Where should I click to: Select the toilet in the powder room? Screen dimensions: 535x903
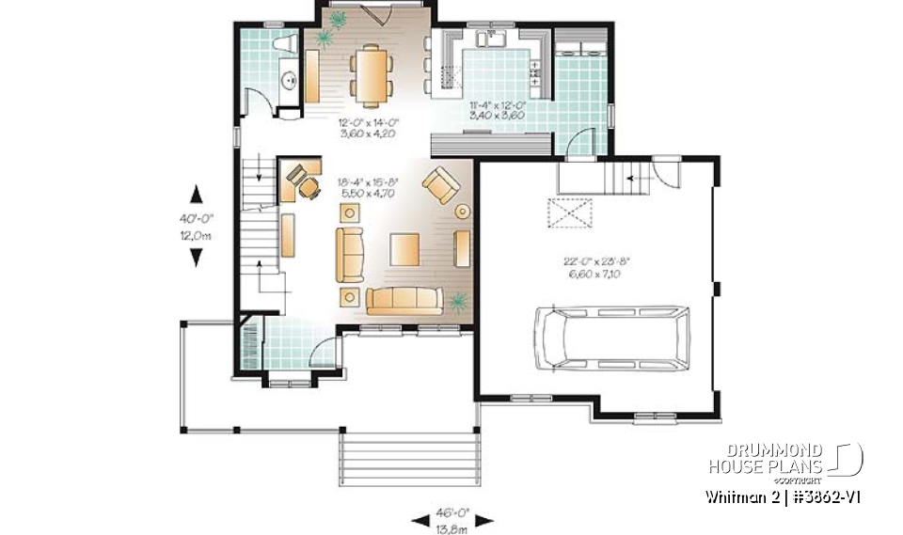(283, 44)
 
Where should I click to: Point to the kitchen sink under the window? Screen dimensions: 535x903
(492, 39)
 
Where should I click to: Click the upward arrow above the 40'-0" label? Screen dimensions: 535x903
(196, 193)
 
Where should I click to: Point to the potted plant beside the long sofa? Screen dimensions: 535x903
(458, 302)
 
